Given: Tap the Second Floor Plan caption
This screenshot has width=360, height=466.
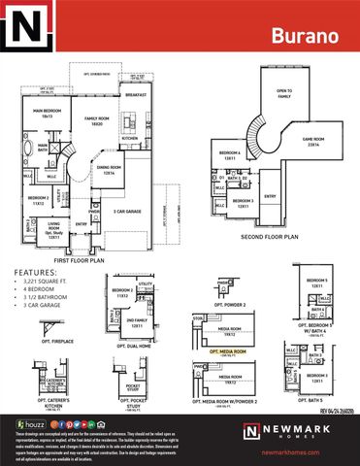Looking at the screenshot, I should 267,235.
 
